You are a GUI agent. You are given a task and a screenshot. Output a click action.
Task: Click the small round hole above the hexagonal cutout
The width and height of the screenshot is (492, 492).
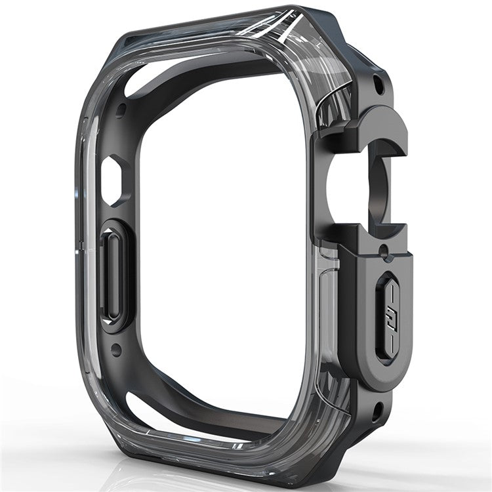click(x=120, y=108)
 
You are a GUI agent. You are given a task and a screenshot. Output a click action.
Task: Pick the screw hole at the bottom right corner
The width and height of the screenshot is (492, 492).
click(x=377, y=411)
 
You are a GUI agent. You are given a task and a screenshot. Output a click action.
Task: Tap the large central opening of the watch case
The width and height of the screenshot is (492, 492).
click(x=223, y=249)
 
